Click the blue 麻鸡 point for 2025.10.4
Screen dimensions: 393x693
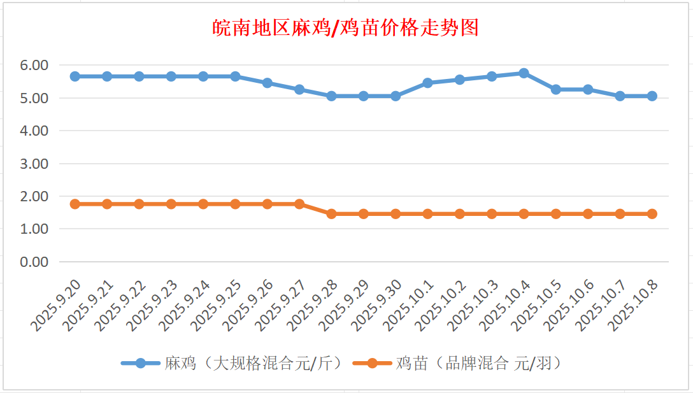524,73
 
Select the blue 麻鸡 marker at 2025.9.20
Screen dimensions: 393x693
75,76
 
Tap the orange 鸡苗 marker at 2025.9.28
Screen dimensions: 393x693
331,214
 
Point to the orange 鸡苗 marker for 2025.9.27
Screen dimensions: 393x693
299,204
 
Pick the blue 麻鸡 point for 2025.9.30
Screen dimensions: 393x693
396,96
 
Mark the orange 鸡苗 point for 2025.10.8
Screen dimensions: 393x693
652,214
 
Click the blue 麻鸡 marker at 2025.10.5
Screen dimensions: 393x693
556,90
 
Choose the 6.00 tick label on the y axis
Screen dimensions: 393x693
34,65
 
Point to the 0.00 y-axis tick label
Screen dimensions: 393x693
34,262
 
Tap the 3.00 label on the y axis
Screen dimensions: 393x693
34,164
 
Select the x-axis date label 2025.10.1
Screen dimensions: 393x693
410,304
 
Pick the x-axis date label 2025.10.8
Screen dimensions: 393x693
634,304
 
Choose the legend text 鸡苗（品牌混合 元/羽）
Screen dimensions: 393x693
478,364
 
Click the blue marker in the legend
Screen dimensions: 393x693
141,364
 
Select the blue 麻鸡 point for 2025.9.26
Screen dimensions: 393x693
268,83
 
